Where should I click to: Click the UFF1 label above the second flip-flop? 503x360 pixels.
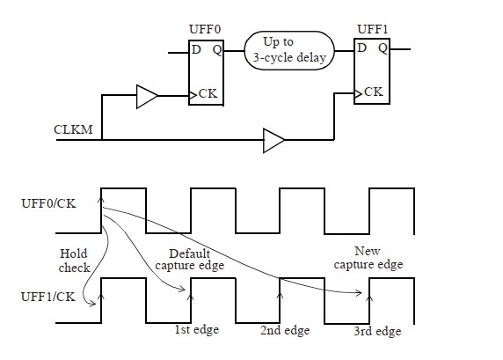[x=370, y=30]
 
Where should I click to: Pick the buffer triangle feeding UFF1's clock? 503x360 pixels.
[x=273, y=139]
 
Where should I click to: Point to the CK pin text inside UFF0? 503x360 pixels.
[x=208, y=92]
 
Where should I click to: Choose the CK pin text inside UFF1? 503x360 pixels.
[x=373, y=91]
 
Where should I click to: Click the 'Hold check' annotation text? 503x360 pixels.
[x=74, y=260]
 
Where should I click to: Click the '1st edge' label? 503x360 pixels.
[x=196, y=330]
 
